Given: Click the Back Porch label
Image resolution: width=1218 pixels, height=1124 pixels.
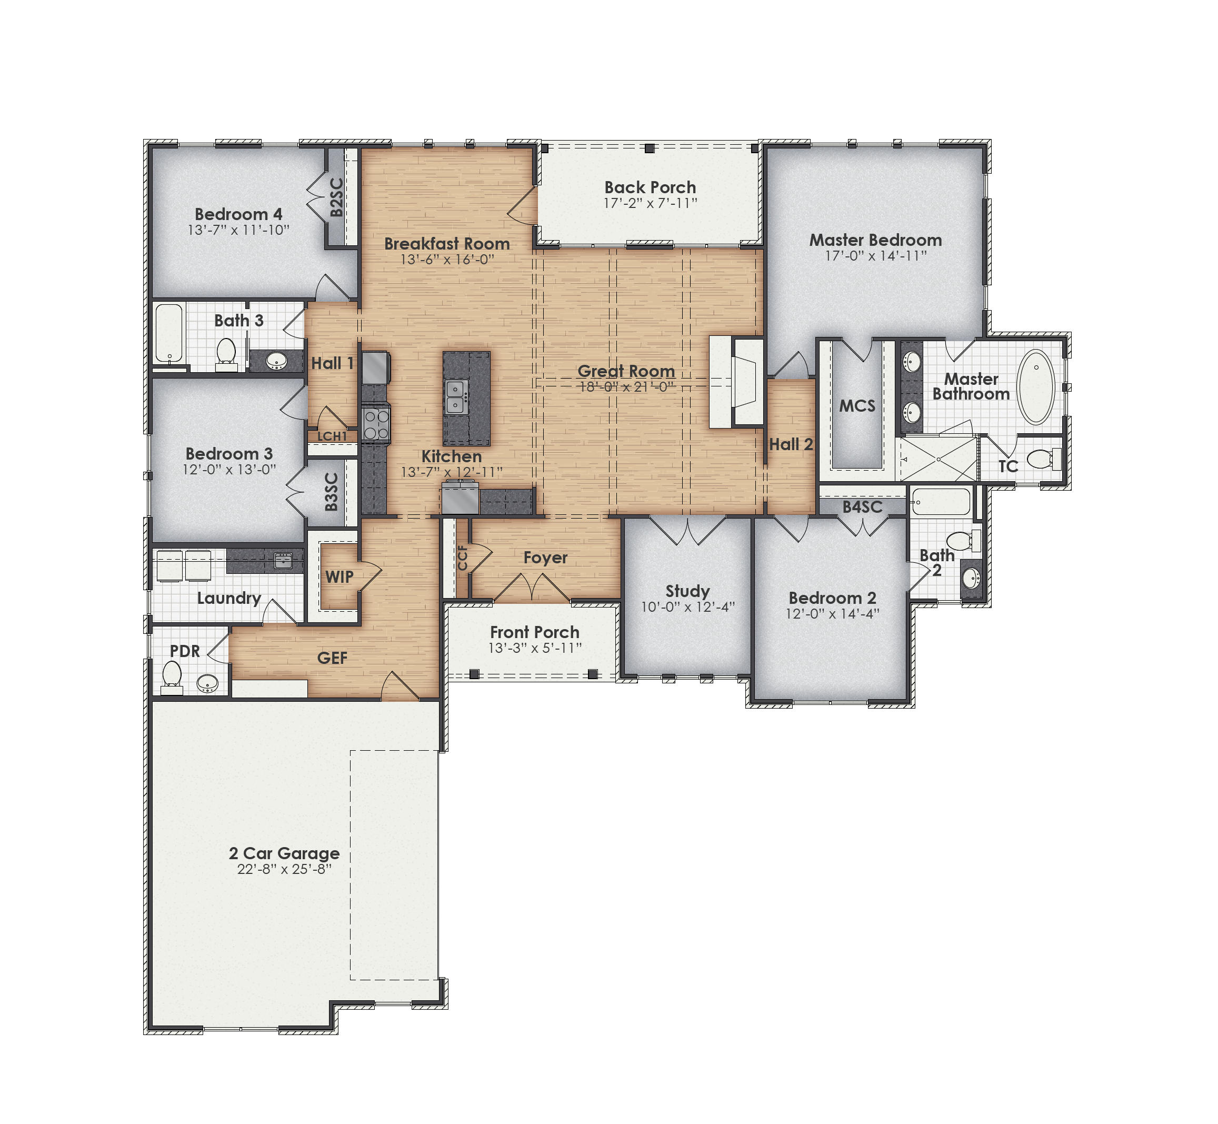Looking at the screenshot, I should pyautogui.click(x=650, y=187).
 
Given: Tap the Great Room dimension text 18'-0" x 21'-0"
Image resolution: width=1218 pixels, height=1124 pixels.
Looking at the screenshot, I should pyautogui.click(x=626, y=387).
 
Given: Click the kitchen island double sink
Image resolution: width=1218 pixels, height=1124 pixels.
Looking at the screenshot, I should pyautogui.click(x=455, y=396).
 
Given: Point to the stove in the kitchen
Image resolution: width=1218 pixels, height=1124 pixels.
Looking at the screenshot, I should pyautogui.click(x=376, y=424).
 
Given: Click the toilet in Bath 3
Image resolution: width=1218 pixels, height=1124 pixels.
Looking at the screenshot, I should pyautogui.click(x=226, y=353).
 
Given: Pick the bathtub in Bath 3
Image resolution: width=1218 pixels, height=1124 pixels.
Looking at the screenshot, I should pyautogui.click(x=169, y=333).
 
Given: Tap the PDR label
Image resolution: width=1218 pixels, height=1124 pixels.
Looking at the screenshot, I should pyautogui.click(x=185, y=651).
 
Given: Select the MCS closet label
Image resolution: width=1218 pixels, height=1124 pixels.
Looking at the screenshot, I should pyautogui.click(x=857, y=406).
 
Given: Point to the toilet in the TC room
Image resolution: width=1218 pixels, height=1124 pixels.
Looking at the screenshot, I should pyautogui.click(x=1043, y=458).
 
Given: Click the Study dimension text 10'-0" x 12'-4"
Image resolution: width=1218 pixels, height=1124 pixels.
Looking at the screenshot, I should pyautogui.click(x=688, y=606).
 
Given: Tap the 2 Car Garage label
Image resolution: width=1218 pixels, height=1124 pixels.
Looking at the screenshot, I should pyautogui.click(x=284, y=853).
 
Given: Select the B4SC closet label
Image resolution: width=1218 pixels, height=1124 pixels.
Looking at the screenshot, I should pyautogui.click(x=862, y=506).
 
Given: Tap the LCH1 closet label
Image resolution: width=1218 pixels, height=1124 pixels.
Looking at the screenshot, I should pyautogui.click(x=332, y=436).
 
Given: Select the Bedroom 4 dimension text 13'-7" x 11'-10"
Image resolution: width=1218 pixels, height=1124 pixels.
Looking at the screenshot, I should pyautogui.click(x=238, y=230).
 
